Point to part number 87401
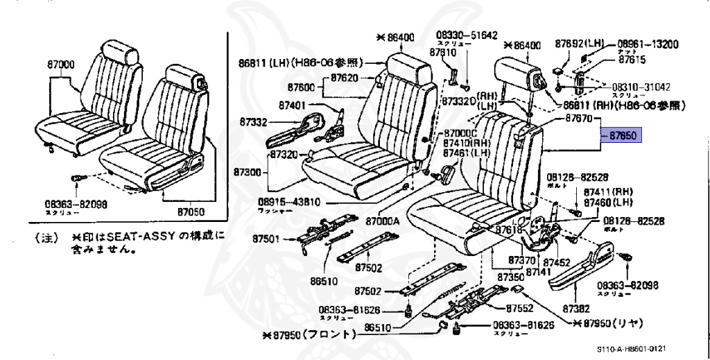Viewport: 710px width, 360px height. click(x=293, y=106)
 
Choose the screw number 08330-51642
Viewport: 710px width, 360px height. click(x=466, y=35)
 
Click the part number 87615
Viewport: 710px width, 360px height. click(x=637, y=60)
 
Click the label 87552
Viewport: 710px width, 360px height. click(x=519, y=307)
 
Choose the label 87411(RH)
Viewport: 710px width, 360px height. click(x=609, y=191)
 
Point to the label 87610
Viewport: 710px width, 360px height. click(x=442, y=51)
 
